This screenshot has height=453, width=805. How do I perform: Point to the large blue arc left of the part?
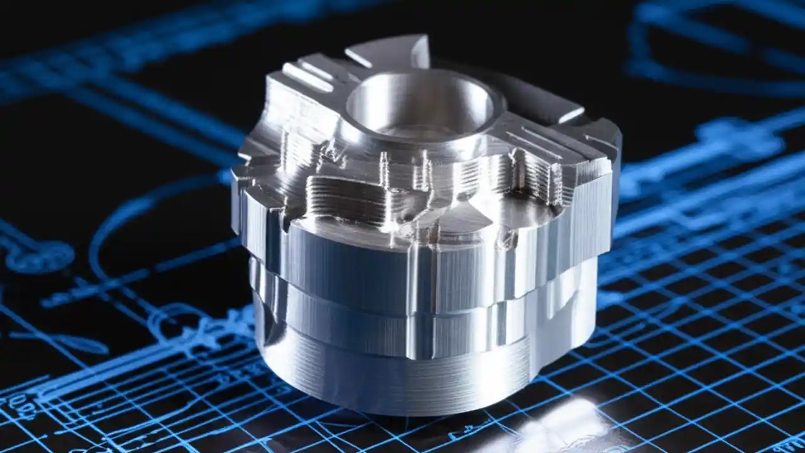click(126, 220)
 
